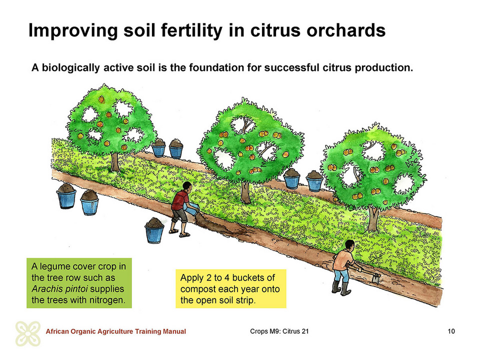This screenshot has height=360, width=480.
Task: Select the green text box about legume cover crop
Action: [x=79, y=283]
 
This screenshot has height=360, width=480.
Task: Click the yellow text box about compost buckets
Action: [x=231, y=288]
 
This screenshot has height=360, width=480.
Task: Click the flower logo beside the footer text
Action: [x=28, y=333]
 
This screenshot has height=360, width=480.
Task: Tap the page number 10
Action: [x=451, y=331]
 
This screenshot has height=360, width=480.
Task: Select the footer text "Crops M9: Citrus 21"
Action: [x=279, y=331]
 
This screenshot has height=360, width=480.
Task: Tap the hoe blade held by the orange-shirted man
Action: [x=376, y=278]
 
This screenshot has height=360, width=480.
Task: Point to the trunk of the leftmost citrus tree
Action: [x=115, y=162]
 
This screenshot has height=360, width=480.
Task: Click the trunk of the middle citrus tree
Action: [x=245, y=192]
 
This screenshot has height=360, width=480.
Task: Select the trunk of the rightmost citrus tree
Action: [x=373, y=218]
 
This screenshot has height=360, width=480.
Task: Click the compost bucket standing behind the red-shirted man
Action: [x=154, y=230]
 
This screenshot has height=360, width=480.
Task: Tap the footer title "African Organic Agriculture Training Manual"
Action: [x=115, y=331]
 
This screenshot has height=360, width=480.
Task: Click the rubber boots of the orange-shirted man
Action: [x=341, y=288]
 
